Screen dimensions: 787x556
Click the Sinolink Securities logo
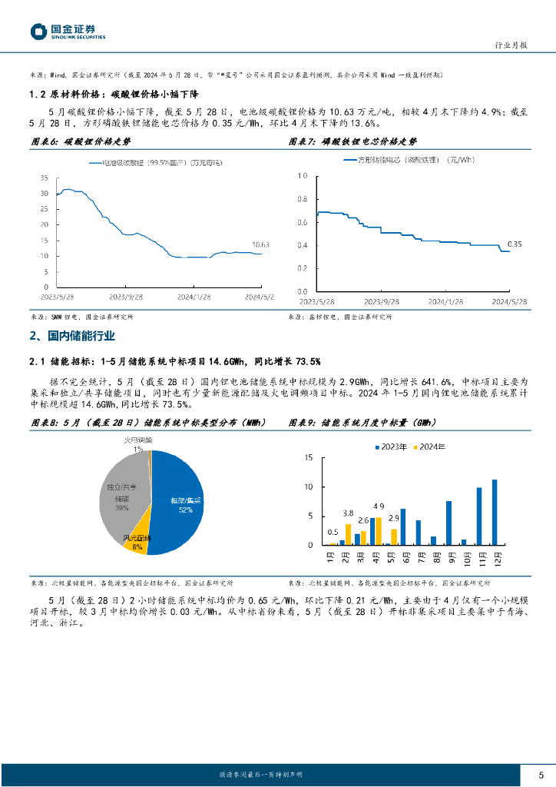68,32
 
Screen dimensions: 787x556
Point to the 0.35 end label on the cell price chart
515,244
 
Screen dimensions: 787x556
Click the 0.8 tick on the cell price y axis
301,199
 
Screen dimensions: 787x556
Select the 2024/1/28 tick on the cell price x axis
445,302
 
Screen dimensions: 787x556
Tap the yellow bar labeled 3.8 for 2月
348,534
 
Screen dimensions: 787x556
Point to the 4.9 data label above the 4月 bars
379,506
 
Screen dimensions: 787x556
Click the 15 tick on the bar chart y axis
308,457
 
